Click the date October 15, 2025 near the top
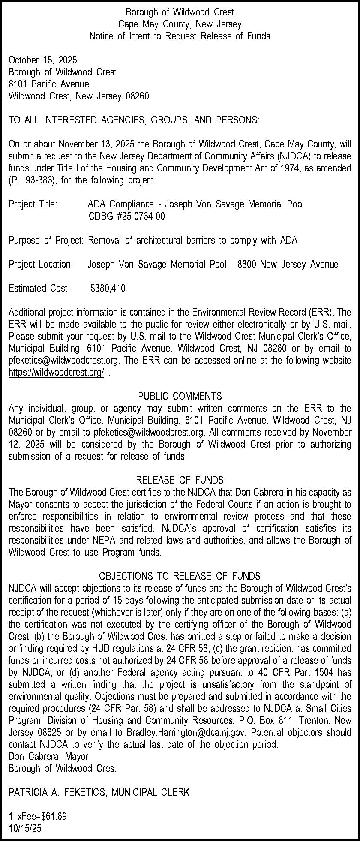pyautogui.click(x=43, y=60)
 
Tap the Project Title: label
pyautogui.click(x=33, y=204)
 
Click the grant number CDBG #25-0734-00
pyautogui.click(x=126, y=216)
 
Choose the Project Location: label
pyautogui.click(x=41, y=264)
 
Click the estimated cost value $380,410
pyautogui.click(x=108, y=288)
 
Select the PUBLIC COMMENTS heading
pyautogui.click(x=180, y=396)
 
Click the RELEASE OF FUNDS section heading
pyautogui.click(x=180, y=480)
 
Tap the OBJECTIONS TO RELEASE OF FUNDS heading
pyautogui.click(x=180, y=576)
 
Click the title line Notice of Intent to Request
pyautogui.click(x=180, y=36)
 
